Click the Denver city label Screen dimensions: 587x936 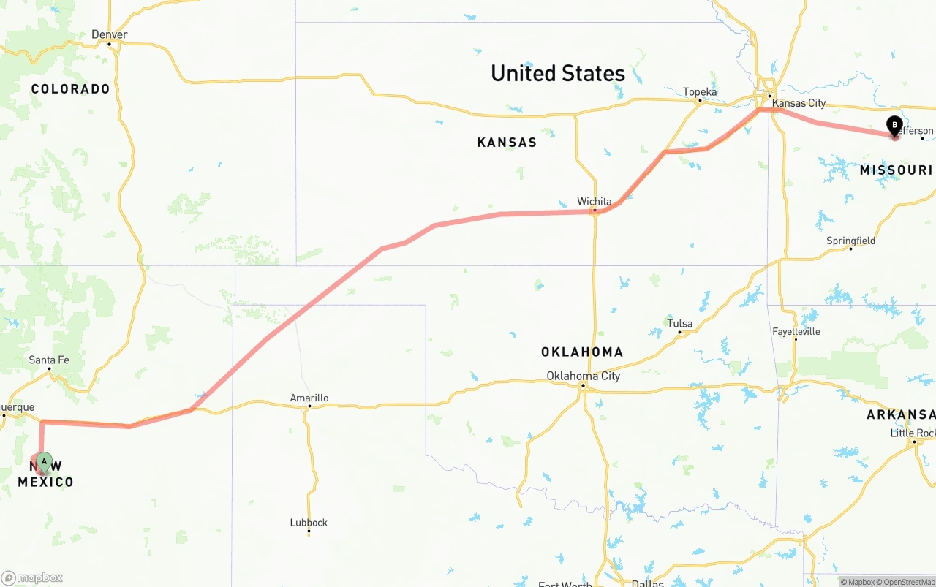pyautogui.click(x=110, y=34)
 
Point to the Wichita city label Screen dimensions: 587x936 pyautogui.click(x=594, y=201)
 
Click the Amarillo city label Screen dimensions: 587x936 pyautogui.click(x=309, y=398)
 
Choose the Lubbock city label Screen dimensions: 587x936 pyautogui.click(x=309, y=523)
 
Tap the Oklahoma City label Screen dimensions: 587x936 pyautogui.click(x=583, y=376)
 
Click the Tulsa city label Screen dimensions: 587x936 pyautogui.click(x=679, y=323)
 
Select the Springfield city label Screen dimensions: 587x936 pyautogui.click(x=850, y=241)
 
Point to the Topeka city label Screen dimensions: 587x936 pyautogui.click(x=700, y=91)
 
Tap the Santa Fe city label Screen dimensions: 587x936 pyautogui.click(x=49, y=360)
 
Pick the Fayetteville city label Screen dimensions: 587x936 pyautogui.click(x=796, y=331)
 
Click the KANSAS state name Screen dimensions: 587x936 pyautogui.click(x=507, y=143)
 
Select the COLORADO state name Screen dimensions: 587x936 pyautogui.click(x=70, y=89)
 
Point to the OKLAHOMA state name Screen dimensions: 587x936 pyautogui.click(x=582, y=352)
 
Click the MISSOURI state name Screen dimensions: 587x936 pyautogui.click(x=896, y=170)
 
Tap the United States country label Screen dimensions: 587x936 pyautogui.click(x=557, y=73)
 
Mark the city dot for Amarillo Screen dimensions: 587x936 pyautogui.click(x=309, y=407)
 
